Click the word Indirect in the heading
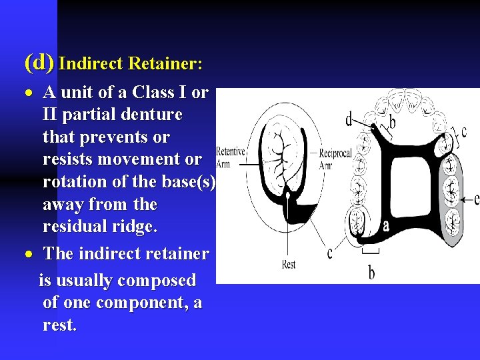click(x=91, y=64)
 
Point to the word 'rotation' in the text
click(x=73, y=182)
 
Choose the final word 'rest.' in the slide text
click(x=59, y=326)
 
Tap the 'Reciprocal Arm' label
click(x=335, y=159)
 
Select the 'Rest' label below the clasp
click(x=289, y=265)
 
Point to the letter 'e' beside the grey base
click(x=475, y=199)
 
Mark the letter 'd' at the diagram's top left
click(x=349, y=120)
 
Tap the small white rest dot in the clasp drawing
click(x=287, y=196)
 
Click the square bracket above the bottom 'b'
click(x=371, y=251)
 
